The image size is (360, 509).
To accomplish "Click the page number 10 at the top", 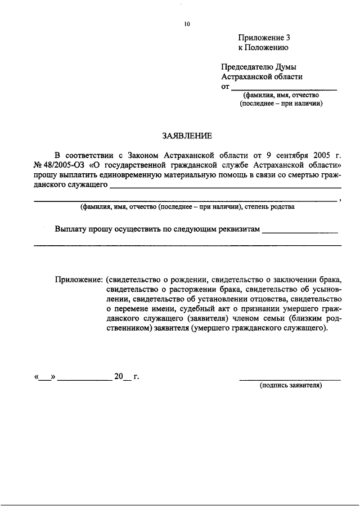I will tap(187, 24).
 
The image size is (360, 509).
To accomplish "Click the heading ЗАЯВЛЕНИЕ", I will tap(187, 136).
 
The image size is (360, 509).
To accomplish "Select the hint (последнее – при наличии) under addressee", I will tap(281, 103).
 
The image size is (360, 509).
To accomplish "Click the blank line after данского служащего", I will tap(225, 187).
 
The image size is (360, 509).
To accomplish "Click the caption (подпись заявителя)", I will tap(290, 386).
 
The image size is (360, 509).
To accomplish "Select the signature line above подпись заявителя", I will tap(290, 380).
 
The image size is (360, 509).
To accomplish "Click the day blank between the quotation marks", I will tap(44, 377).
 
